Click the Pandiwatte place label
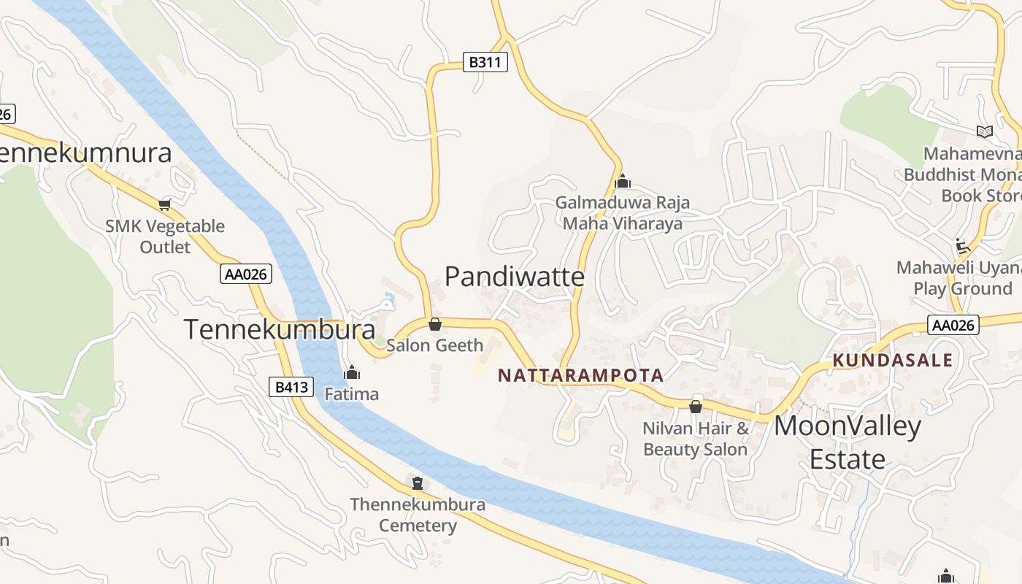(x=515, y=277)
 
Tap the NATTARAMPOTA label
(x=580, y=376)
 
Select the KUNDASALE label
(x=893, y=360)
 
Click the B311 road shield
(x=485, y=62)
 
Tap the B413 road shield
(x=291, y=387)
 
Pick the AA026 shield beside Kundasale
(x=953, y=325)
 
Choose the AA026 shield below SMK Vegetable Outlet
(x=246, y=274)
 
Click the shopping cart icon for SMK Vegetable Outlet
(x=165, y=204)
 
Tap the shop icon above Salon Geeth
(x=435, y=323)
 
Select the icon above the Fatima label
(x=352, y=373)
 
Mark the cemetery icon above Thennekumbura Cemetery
(x=417, y=483)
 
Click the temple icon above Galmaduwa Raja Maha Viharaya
(x=622, y=181)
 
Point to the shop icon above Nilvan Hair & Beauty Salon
(x=696, y=406)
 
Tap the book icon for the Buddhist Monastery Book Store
(x=985, y=131)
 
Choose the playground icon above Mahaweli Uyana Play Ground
(x=963, y=246)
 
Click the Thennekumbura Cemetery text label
(x=418, y=515)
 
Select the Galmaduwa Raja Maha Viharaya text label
(x=623, y=212)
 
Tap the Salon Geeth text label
(x=434, y=345)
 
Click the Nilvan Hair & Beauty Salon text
(x=696, y=439)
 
